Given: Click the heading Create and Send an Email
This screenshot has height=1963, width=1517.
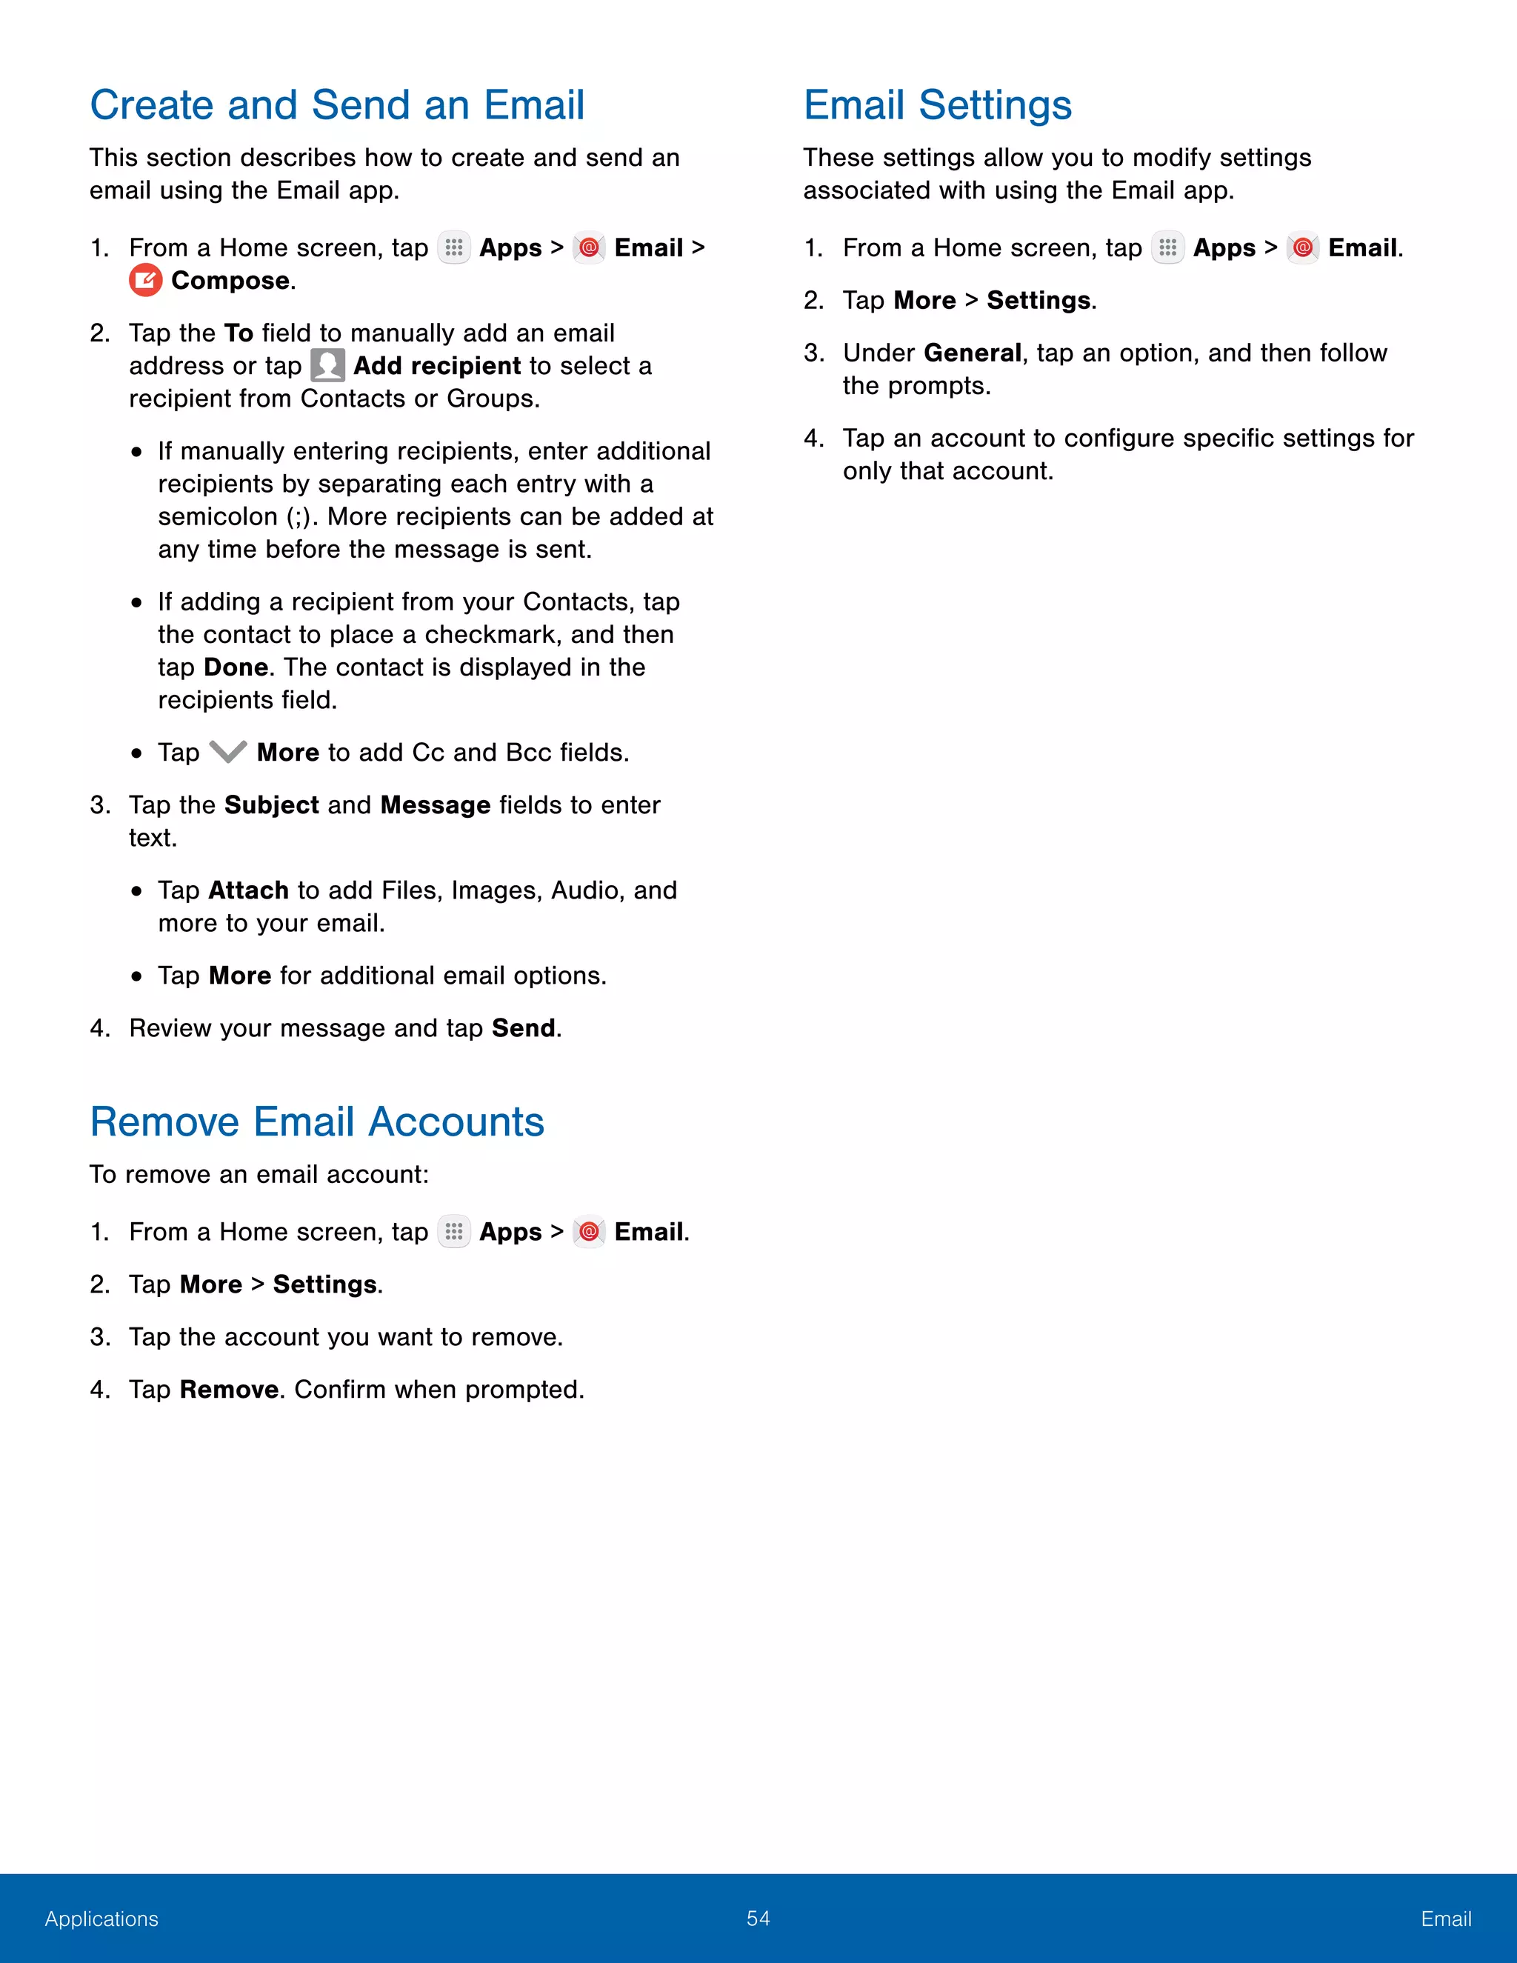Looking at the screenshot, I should point(337,105).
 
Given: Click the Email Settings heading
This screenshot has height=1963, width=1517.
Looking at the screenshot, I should point(936,105).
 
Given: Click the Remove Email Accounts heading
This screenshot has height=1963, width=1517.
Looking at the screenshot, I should point(316,1122).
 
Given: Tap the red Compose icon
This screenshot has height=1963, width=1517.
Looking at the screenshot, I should point(146,281).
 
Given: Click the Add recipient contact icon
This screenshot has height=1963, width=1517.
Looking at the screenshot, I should point(327,366).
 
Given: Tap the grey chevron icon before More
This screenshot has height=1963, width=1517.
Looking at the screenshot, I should point(227,753).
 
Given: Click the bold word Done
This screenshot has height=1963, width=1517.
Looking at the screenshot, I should point(236,667).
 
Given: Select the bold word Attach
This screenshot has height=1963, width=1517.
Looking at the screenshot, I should point(248,890).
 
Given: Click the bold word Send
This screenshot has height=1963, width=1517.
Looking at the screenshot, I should point(523,1028).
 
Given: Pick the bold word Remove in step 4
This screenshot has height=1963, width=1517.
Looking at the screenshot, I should point(228,1390).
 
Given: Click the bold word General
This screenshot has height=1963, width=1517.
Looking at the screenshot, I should point(972,353).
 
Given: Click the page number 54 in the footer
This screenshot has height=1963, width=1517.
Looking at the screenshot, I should point(758,1918).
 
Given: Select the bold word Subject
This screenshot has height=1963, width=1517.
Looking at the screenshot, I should point(271,804).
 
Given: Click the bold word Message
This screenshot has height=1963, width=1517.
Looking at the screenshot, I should point(435,804).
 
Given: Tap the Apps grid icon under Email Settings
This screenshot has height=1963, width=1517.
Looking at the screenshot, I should point(1167,247).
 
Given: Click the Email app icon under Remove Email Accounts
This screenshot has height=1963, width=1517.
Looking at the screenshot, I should point(589,1231).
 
